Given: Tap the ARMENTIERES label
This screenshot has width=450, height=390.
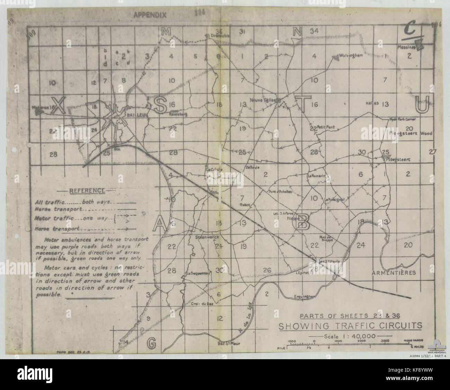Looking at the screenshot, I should coord(393,273).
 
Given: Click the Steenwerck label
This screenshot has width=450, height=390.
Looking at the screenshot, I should coord(207,237).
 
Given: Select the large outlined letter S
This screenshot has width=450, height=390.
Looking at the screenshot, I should coord(160,105).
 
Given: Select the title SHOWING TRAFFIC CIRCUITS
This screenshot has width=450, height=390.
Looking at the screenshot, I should coord(350,326).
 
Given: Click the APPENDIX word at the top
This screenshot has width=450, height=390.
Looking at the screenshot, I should coord(150,15).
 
